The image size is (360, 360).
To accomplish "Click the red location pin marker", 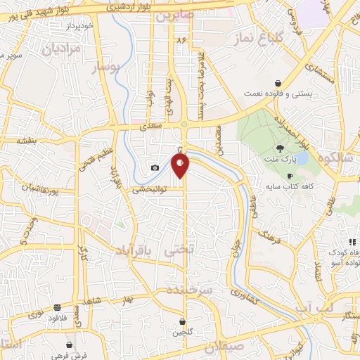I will [181, 165].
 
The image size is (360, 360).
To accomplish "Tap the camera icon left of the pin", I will [155, 168].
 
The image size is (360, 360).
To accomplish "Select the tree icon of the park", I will [281, 148].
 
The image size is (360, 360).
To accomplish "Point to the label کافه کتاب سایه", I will [288, 188].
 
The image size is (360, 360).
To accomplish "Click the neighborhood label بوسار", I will [107, 67].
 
